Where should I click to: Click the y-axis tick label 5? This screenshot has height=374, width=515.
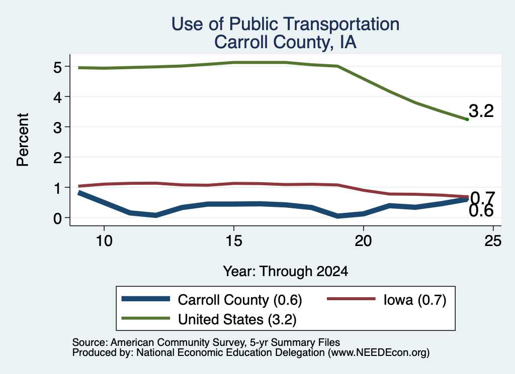click(57, 67)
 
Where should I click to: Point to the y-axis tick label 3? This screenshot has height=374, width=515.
click(57, 128)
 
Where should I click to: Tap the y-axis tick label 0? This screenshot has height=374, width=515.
click(57, 218)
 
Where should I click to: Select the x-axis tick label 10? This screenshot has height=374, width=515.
click(104, 241)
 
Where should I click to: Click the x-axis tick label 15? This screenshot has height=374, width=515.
click(234, 241)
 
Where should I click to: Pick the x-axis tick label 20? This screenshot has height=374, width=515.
click(363, 241)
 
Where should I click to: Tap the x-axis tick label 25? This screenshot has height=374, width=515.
click(493, 241)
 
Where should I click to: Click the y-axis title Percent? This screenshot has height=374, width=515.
click(23, 140)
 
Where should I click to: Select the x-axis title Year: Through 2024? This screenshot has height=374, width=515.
click(286, 272)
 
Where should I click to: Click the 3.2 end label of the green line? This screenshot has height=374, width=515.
click(481, 111)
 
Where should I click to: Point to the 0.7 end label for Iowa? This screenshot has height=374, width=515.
click(483, 198)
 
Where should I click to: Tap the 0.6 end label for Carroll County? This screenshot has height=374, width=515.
click(481, 211)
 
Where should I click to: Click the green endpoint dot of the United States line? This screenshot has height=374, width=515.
click(467, 119)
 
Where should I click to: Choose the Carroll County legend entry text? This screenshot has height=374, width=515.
click(240, 300)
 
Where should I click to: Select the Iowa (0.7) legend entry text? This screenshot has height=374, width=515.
click(415, 300)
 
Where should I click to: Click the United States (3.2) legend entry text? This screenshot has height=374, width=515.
click(237, 320)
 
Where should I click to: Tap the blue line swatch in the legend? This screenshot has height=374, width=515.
click(146, 299)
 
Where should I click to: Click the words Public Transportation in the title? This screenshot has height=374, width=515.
click(314, 24)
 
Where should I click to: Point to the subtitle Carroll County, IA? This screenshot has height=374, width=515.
click(286, 42)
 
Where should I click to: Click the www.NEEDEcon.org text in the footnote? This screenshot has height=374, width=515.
click(379, 353)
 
